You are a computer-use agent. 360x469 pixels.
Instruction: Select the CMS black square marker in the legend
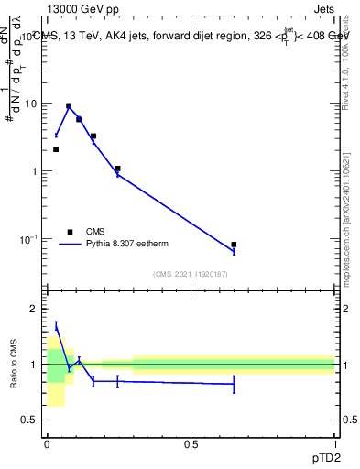tap(70, 232)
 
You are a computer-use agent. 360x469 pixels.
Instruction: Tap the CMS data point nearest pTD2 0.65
tap(234, 245)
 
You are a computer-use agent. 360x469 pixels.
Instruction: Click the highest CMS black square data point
tap(69, 106)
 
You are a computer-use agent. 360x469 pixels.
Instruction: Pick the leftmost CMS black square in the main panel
tap(56, 149)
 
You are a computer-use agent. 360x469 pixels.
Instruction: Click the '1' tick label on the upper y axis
tap(34, 171)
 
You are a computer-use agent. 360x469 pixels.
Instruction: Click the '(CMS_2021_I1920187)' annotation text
tap(191, 274)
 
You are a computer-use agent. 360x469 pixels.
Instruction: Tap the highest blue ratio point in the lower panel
tap(56, 326)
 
